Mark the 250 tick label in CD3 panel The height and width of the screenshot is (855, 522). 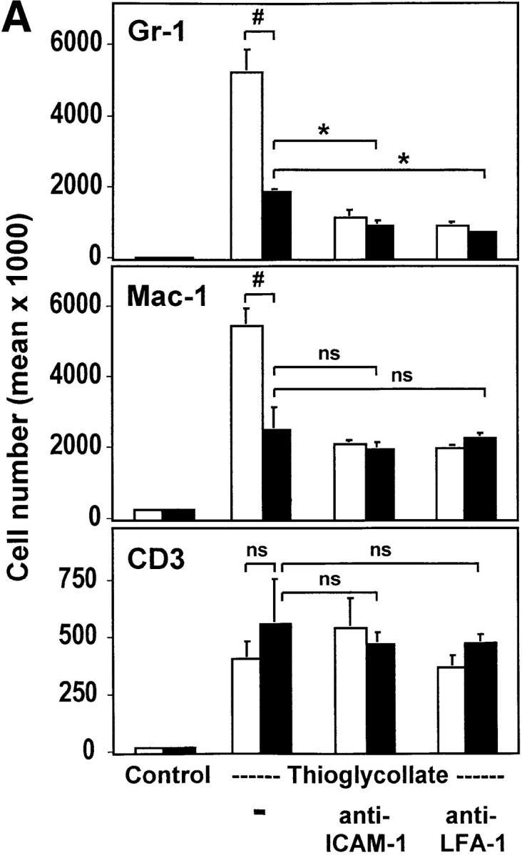click(x=82, y=695)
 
